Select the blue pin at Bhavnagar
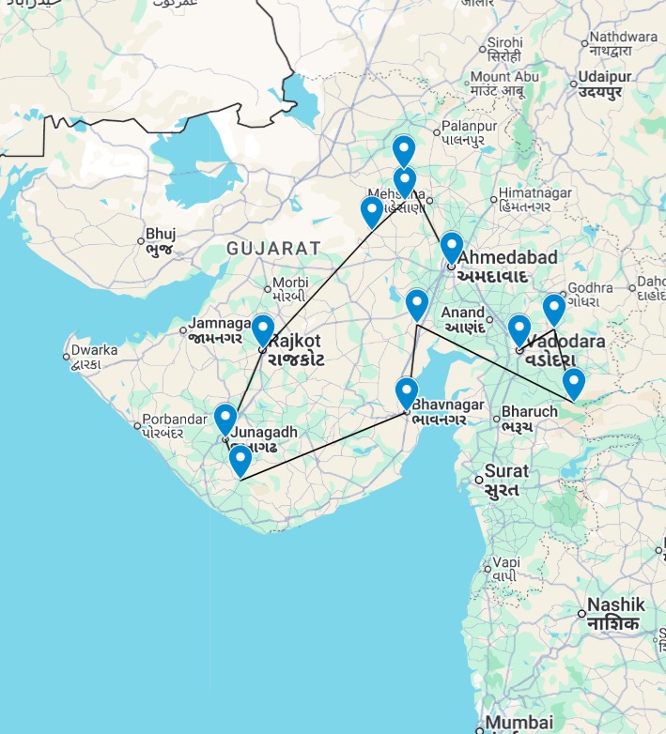(x=407, y=392)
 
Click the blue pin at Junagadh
(x=225, y=419)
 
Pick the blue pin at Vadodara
(x=519, y=330)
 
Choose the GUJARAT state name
(x=273, y=249)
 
